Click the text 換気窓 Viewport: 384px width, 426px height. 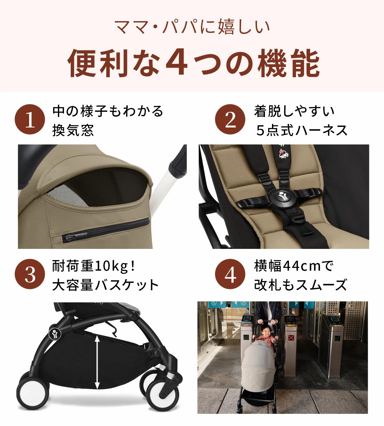(x=73, y=130)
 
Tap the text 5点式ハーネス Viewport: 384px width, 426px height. (x=301, y=130)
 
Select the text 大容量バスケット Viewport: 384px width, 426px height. (x=106, y=285)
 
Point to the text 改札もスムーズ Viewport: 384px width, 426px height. (x=301, y=285)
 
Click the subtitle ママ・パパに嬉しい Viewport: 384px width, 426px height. (x=192, y=27)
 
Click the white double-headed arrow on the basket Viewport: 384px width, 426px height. (x=97, y=362)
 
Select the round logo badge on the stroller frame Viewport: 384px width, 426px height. (x=54, y=333)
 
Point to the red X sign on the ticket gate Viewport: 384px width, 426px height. (x=291, y=337)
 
